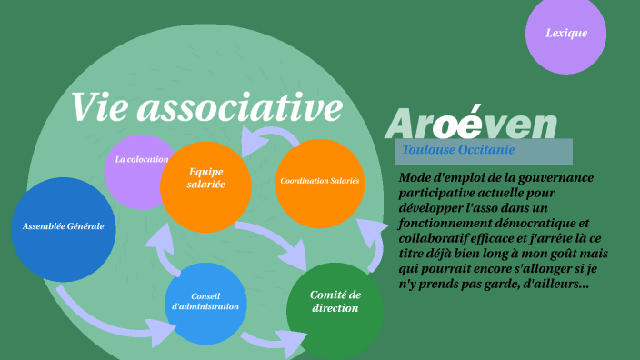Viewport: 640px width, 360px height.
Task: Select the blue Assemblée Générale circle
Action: [64, 226]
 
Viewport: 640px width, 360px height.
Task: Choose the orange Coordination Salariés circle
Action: [319, 181]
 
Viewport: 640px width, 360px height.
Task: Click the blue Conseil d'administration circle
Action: [205, 303]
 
